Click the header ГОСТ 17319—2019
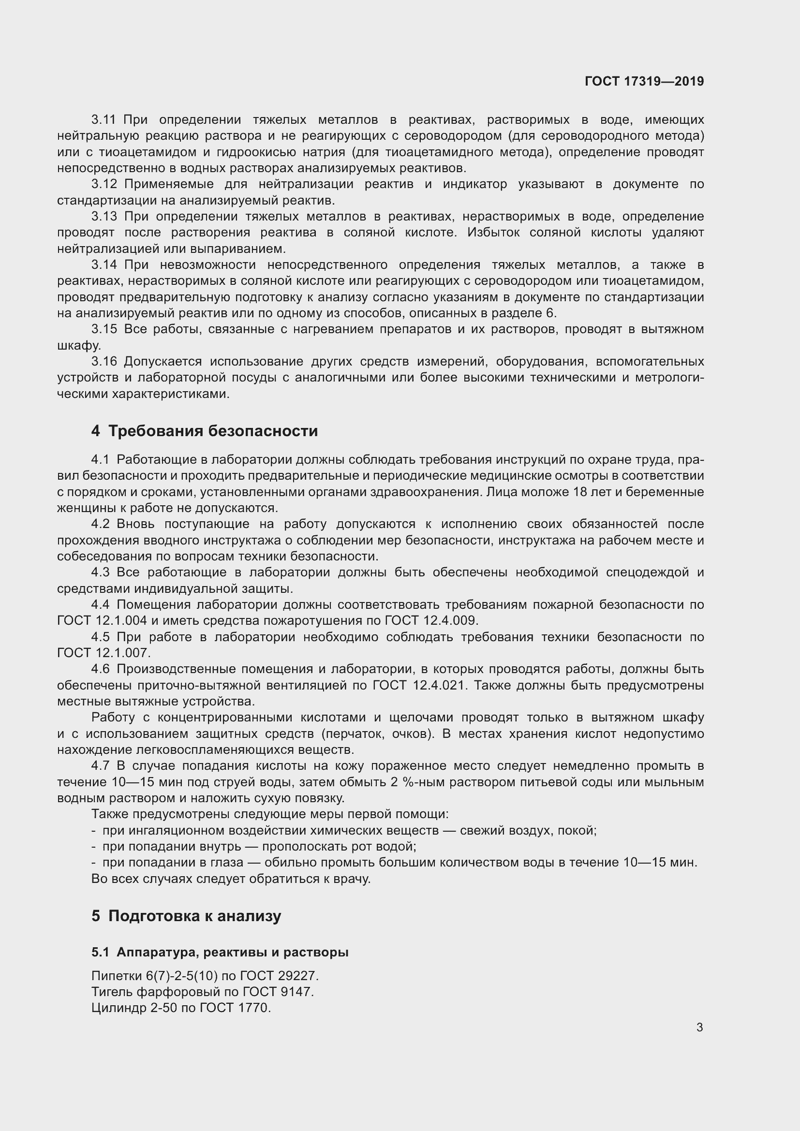coord(644,81)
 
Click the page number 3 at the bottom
coord(699,1027)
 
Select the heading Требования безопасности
coord(213,431)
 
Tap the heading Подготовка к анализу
coord(194,916)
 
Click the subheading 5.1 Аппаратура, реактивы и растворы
coord(220,952)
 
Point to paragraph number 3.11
coord(104,120)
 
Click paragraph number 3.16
coord(104,362)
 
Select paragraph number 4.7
coord(100,766)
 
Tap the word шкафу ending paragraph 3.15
coord(78,345)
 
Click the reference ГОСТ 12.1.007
coord(103,653)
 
